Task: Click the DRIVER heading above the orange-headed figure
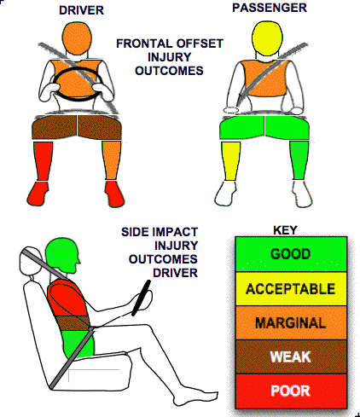pos(81,10)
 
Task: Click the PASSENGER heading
pos(270,8)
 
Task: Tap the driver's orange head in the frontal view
pos(77,38)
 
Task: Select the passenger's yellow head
pos(267,38)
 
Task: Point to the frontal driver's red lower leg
pos(43,161)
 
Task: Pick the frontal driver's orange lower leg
pos(111,160)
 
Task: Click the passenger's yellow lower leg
pos(230,160)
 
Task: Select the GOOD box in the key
pos(291,254)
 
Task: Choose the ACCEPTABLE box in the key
pos(291,289)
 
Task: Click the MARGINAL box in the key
pos(291,322)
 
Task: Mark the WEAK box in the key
pos(291,356)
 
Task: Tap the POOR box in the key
pos(291,391)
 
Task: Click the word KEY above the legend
pos(285,230)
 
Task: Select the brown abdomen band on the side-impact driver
pos(73,323)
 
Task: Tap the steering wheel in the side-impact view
pos(141,298)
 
